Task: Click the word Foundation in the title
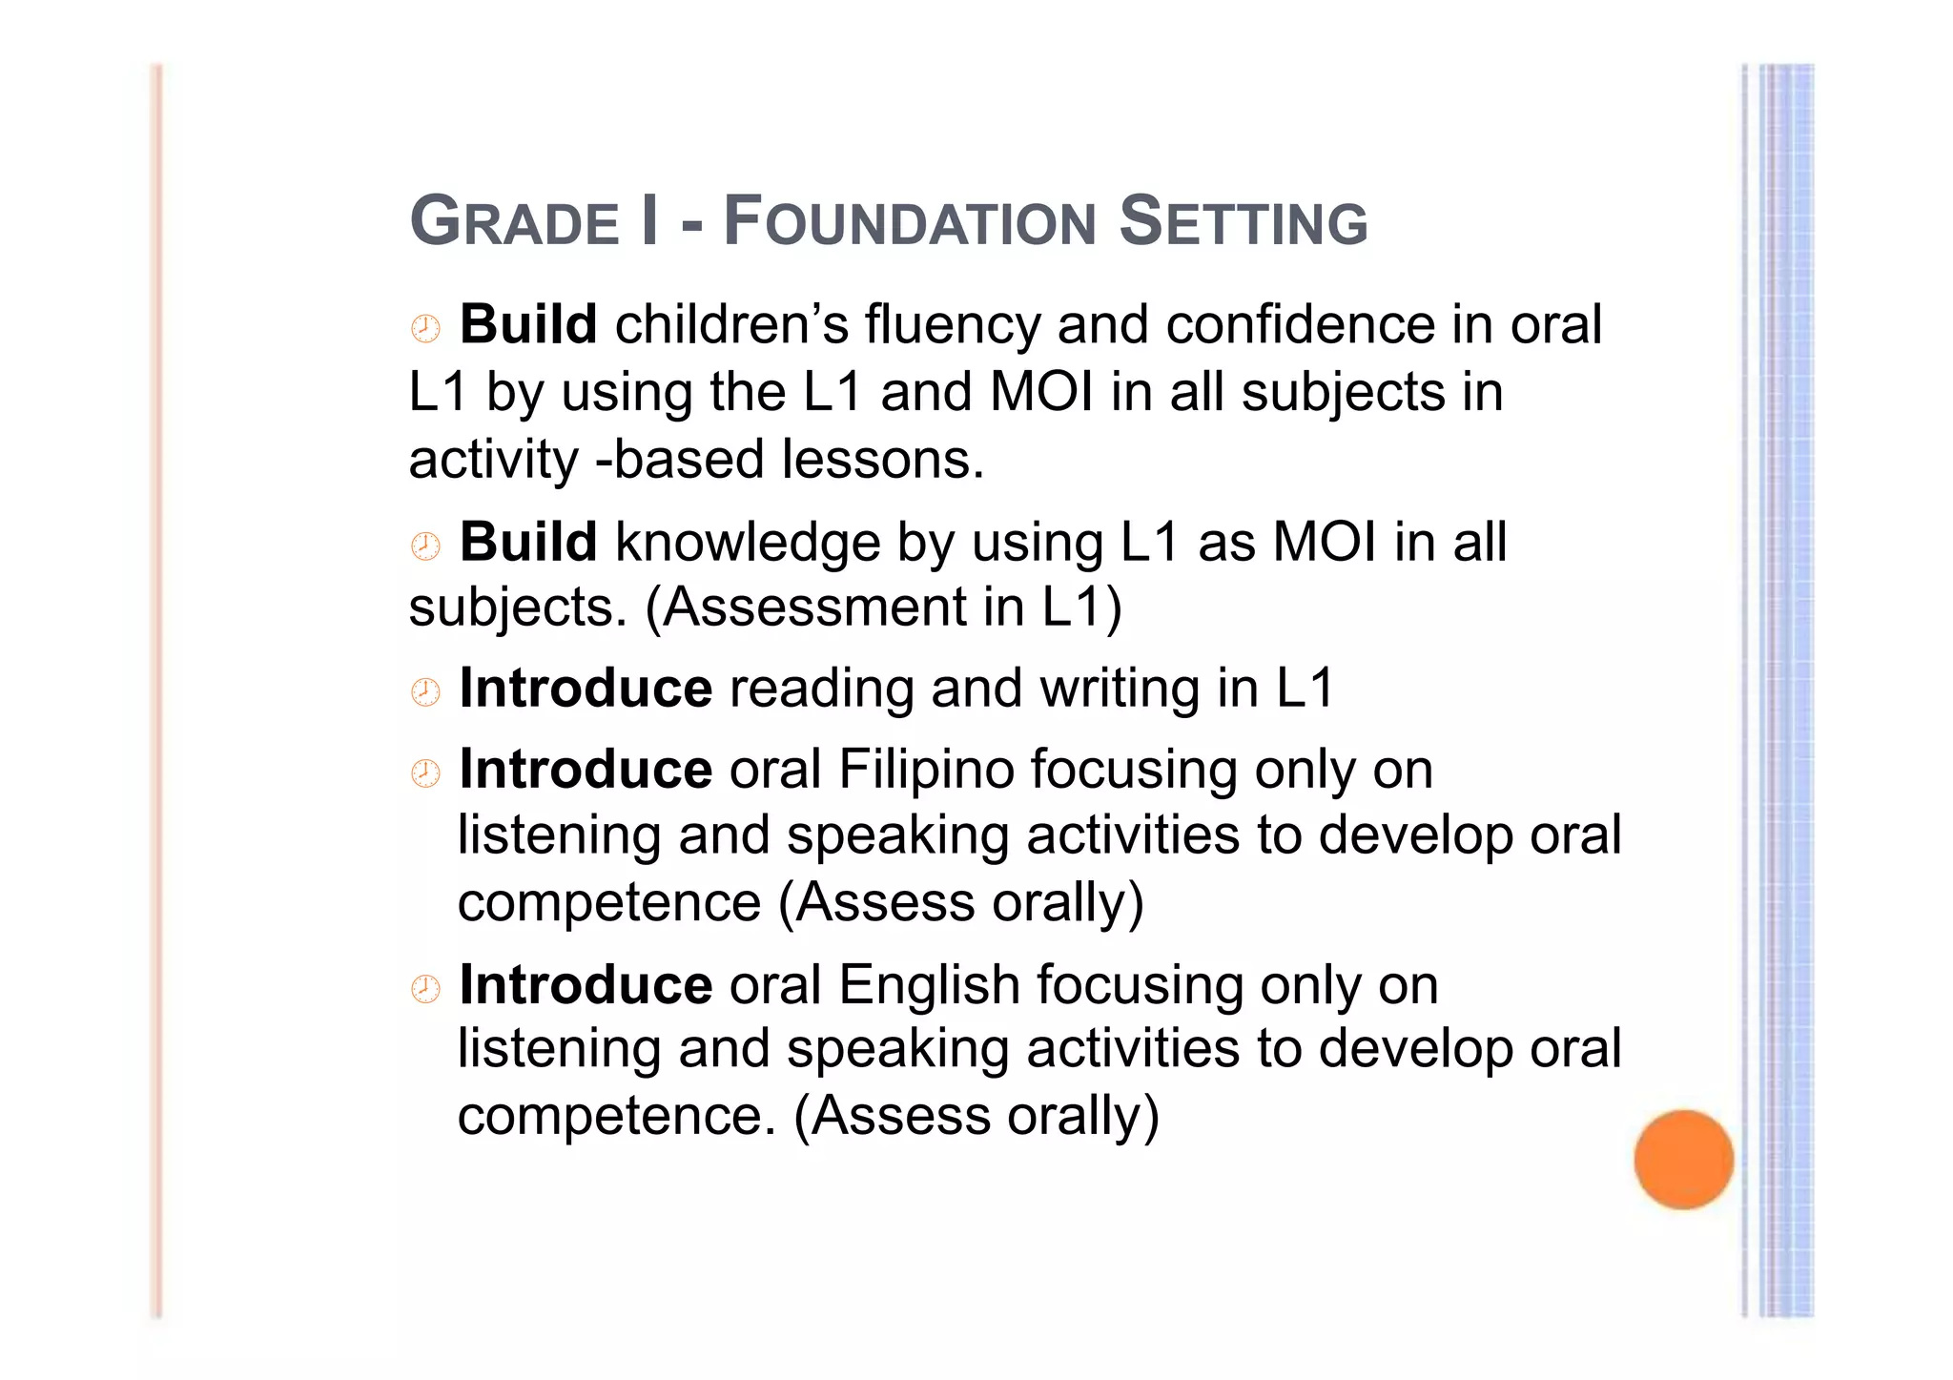[911, 222]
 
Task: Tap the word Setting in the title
[1243, 222]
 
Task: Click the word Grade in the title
[515, 222]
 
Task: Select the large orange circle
[1683, 1159]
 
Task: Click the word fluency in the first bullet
[953, 325]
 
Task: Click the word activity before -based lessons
[493, 461]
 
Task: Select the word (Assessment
[806, 608]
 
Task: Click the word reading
[821, 689]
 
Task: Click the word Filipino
[926, 770]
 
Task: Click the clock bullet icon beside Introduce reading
[425, 692]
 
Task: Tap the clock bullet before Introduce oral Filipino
[425, 773]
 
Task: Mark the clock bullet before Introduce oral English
[425, 989]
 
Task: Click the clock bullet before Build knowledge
[425, 546]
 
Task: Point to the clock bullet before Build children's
[425, 329]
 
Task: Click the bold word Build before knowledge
[528, 543]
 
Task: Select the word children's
[731, 325]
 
